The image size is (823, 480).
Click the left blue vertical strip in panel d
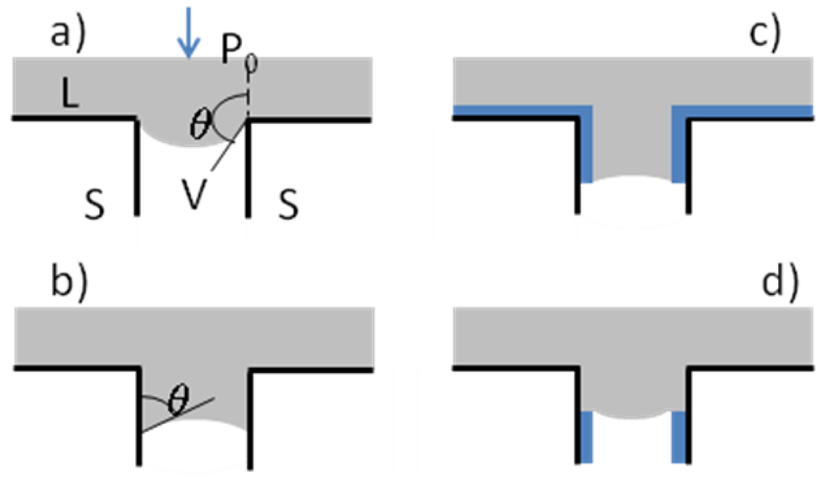click(x=586, y=437)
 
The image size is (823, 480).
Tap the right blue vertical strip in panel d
click(x=680, y=437)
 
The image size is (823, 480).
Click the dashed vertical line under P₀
click(x=248, y=96)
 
